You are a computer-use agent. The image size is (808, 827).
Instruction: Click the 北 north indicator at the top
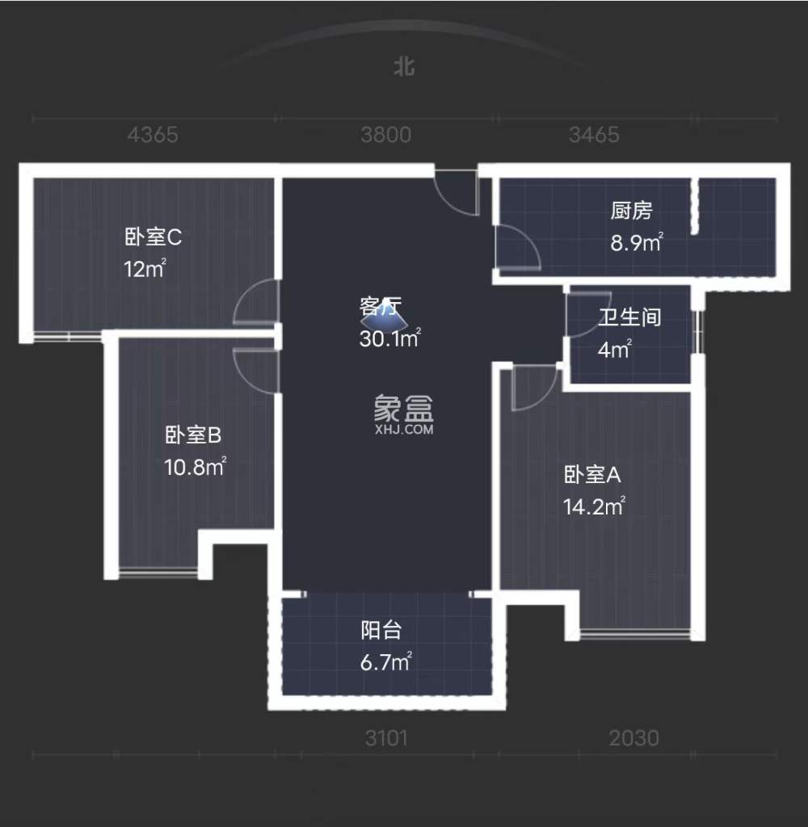[x=404, y=66]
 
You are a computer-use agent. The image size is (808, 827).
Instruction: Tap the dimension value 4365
[x=152, y=135]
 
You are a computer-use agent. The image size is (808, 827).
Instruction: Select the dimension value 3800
[x=385, y=135]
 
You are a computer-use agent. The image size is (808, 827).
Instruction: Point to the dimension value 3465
[x=594, y=135]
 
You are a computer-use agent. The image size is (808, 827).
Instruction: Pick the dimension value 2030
[x=634, y=738]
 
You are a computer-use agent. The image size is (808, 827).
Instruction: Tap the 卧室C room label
[x=153, y=237]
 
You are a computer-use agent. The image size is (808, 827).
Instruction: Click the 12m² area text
[x=145, y=269]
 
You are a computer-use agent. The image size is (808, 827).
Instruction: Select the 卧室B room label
[x=193, y=436]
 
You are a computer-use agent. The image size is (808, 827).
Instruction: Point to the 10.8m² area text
[x=194, y=467]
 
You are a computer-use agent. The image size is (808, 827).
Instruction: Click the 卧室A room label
[x=592, y=475]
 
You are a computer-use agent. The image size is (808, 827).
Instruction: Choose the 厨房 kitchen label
[x=631, y=212]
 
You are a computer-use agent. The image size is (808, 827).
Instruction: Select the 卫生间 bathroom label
[x=629, y=317]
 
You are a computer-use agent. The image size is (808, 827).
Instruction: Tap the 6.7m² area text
[x=385, y=662]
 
